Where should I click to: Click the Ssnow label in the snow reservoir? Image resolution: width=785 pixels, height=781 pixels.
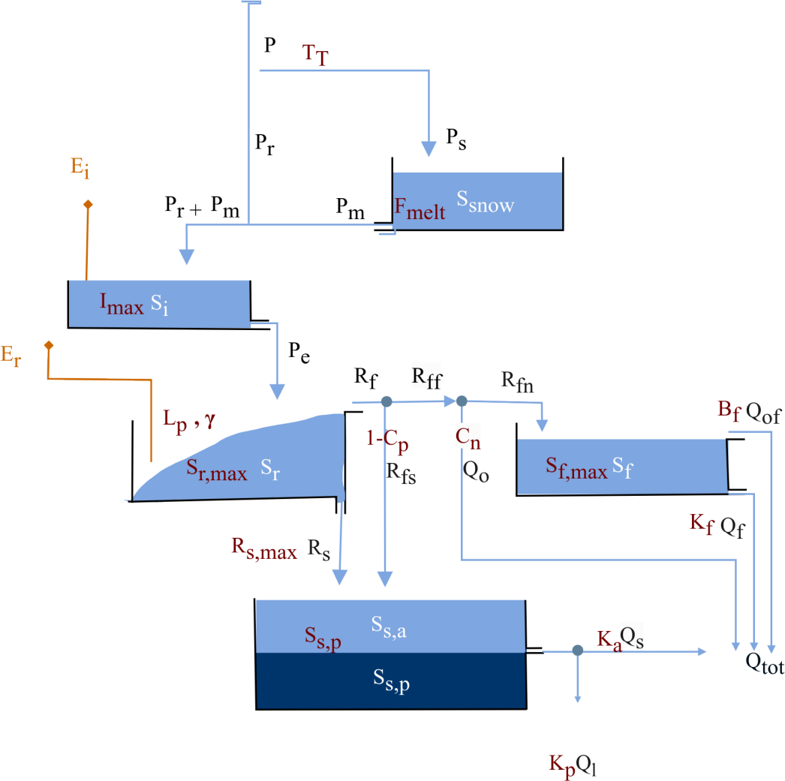pos(486,204)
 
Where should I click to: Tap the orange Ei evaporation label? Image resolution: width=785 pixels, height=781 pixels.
pos(80,170)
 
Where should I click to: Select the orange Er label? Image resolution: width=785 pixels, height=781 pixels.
pos(11,358)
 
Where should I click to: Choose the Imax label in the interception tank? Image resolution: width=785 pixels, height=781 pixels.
pos(122,304)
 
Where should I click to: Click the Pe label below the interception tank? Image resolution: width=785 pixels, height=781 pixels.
pos(299,352)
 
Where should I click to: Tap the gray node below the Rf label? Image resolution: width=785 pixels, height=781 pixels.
pos(386,402)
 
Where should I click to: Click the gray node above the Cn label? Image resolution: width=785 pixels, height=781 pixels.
pos(462,401)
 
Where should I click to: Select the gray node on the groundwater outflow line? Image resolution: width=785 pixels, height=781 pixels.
pos(577,651)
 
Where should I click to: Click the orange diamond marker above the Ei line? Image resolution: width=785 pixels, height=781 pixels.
pos(88,204)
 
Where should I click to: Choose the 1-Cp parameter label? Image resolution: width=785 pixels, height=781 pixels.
pos(388,442)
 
